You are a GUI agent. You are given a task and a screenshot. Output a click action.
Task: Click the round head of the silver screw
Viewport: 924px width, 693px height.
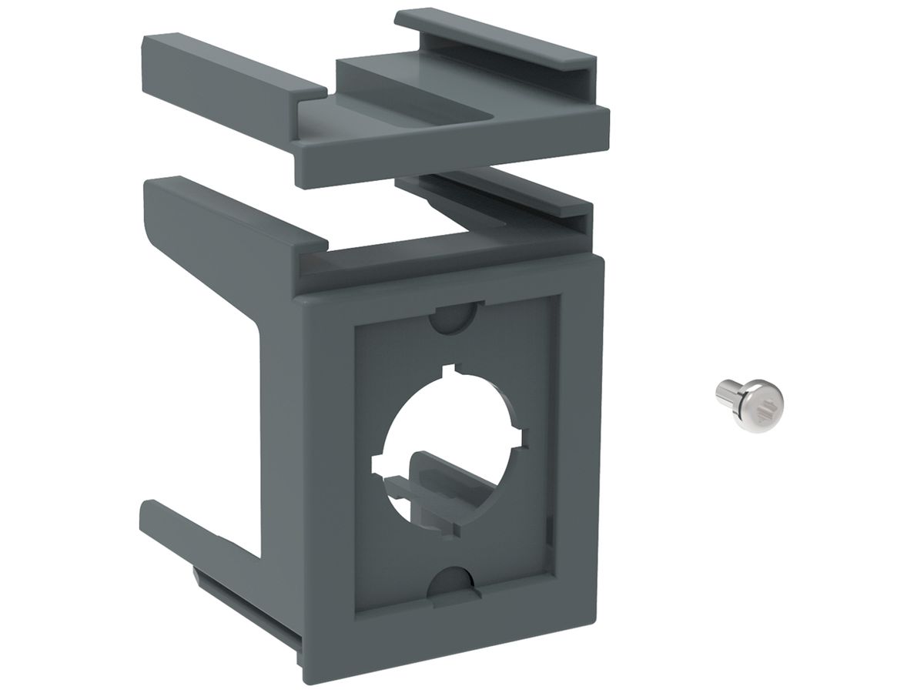tap(762, 400)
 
